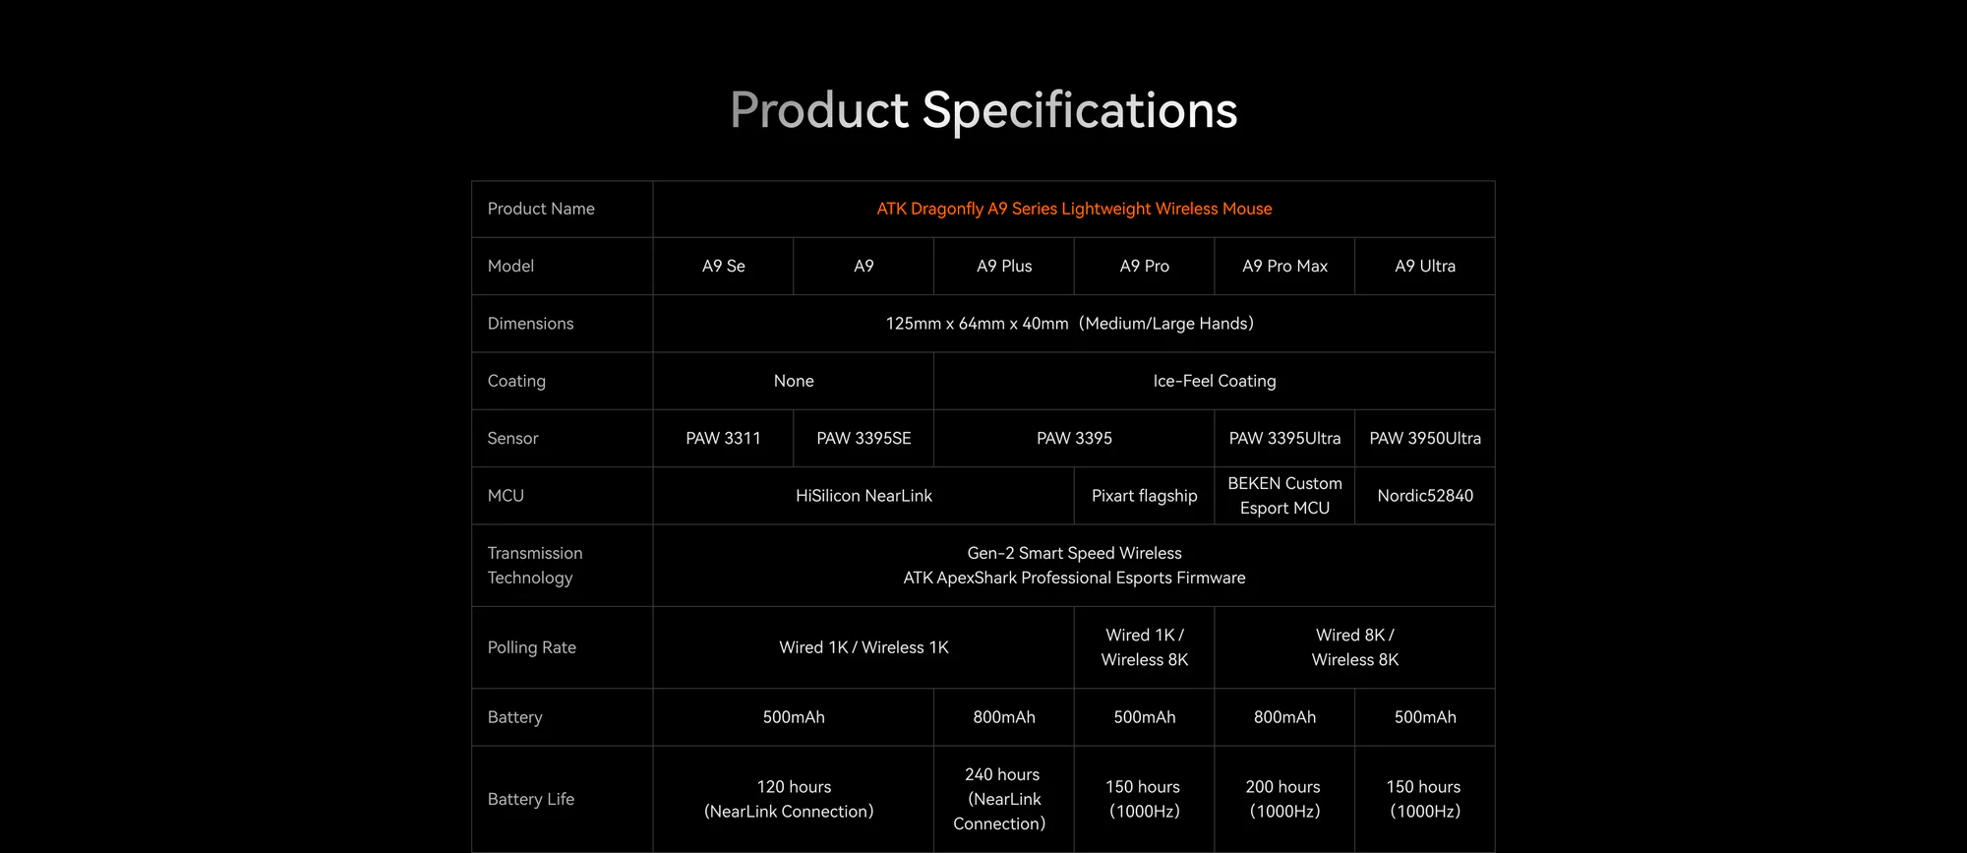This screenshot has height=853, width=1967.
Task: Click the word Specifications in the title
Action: pyautogui.click(x=1079, y=110)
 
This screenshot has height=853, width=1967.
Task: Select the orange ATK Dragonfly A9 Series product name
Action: pyautogui.click(x=1074, y=209)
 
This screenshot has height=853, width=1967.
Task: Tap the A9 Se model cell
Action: pyautogui.click(x=724, y=266)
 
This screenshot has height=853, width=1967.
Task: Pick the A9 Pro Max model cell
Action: pyautogui.click(x=1284, y=266)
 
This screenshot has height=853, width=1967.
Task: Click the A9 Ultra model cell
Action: pyautogui.click(x=1425, y=266)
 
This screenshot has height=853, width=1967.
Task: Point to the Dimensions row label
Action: pyautogui.click(x=530, y=324)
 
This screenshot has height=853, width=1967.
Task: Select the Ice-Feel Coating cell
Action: pyautogui.click(x=1215, y=381)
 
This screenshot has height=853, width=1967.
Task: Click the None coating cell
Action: pyautogui.click(x=794, y=381)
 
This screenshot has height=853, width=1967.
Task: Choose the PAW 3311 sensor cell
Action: pyautogui.click(x=724, y=438)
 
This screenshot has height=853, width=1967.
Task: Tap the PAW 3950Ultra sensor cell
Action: pyautogui.click(x=1425, y=438)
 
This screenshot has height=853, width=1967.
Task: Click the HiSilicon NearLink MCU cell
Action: pyautogui.click(x=864, y=496)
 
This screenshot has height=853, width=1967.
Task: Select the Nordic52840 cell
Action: pyautogui.click(x=1425, y=496)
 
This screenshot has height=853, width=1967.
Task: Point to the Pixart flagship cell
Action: pyautogui.click(x=1145, y=496)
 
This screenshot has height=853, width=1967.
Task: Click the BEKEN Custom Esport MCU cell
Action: pyautogui.click(x=1284, y=496)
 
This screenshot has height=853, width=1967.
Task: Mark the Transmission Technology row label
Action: pyautogui.click(x=535, y=566)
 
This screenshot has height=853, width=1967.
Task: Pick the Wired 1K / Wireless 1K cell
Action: pyautogui.click(x=864, y=647)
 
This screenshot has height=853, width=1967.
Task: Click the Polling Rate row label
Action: pyautogui.click(x=532, y=647)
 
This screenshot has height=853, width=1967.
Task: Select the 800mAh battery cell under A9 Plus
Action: pyautogui.click(x=1004, y=717)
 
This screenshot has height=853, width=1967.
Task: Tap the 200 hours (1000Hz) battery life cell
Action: pyautogui.click(x=1284, y=799)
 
